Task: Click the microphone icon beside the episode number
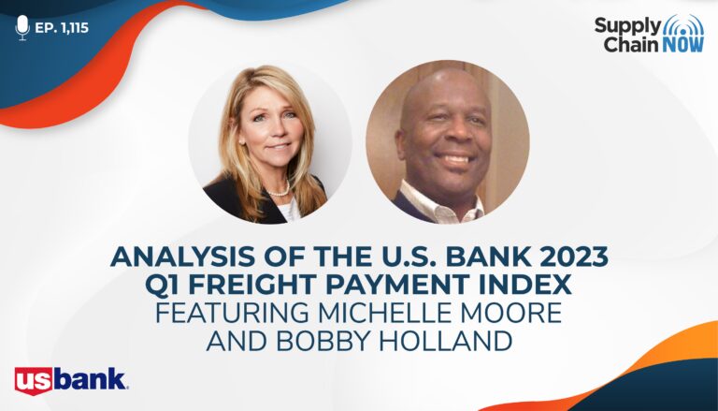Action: (22, 27)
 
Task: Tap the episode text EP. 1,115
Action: (62, 28)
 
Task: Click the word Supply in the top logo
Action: (628, 26)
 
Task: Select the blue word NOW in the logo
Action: (682, 44)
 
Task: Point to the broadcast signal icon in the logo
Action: (683, 25)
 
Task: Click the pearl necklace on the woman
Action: (280, 190)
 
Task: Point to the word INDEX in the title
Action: (530, 285)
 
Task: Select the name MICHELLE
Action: (393, 313)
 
